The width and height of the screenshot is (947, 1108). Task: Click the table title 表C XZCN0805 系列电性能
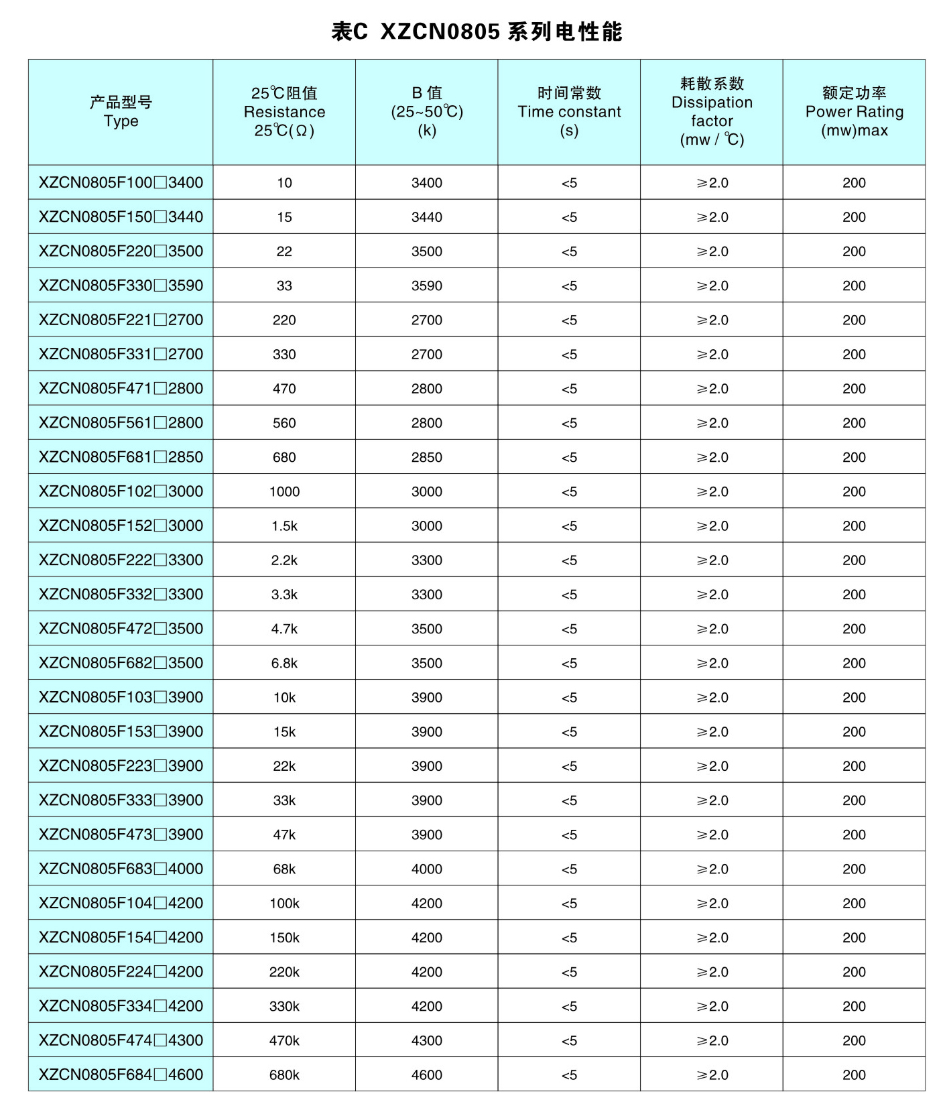point(477,32)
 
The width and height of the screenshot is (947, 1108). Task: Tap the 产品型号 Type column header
point(121,112)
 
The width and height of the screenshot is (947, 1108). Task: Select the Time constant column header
point(569,112)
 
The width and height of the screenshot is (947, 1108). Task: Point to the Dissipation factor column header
point(712,112)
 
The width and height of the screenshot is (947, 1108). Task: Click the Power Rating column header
point(854,112)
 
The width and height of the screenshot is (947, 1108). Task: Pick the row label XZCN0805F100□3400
point(121,182)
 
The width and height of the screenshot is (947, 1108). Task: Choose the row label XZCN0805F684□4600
point(121,1074)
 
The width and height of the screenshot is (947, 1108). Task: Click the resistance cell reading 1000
point(284,491)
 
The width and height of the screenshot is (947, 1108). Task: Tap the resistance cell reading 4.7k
point(284,629)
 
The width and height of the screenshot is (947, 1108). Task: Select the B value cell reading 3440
point(427,217)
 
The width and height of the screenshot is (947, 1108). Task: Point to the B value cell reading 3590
point(427,286)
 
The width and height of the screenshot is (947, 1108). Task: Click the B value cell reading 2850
point(427,457)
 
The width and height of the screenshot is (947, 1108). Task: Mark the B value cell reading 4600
point(427,1074)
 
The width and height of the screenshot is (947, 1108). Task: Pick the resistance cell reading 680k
point(284,1074)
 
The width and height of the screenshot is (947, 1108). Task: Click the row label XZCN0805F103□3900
point(121,697)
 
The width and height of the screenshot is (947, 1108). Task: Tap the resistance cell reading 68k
point(284,869)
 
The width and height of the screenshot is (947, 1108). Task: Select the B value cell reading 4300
point(427,1040)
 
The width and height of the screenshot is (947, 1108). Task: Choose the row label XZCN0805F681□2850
point(121,457)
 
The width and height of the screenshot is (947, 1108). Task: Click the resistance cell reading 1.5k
point(284,526)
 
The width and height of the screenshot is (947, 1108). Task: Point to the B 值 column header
point(427,112)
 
